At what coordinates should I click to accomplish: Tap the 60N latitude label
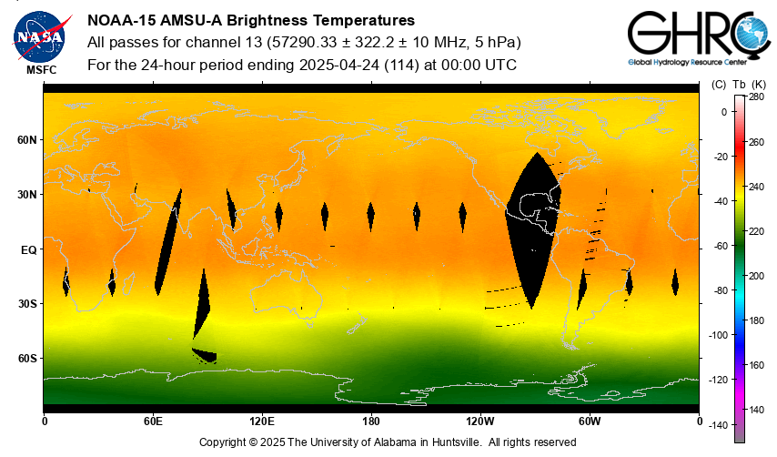[27, 140]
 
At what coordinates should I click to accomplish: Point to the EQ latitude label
[27, 249]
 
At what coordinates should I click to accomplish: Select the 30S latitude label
[27, 304]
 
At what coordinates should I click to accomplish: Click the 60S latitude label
[27, 359]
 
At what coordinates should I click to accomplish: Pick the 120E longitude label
[262, 421]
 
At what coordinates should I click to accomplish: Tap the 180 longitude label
[371, 421]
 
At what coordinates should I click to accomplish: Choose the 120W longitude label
[480, 421]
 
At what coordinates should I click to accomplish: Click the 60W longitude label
[590, 421]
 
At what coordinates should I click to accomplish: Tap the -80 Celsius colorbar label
[721, 290]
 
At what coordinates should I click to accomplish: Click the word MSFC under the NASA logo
[41, 69]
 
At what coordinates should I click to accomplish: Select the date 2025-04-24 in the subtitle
[336, 65]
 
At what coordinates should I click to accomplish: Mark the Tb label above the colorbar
[739, 84]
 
